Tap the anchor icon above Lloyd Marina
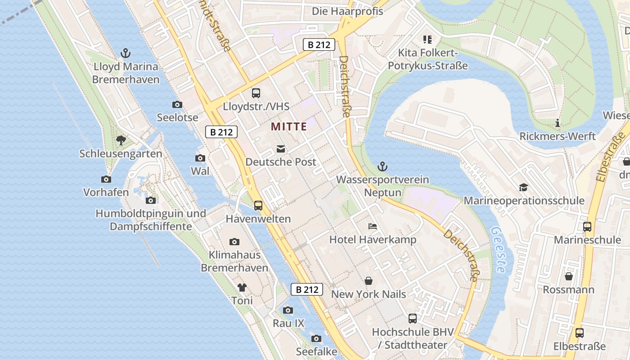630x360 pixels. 126,54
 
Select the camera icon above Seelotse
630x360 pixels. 177,105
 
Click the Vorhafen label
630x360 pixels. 106,192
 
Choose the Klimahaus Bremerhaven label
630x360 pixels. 234,261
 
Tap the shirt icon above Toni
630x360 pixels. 242,287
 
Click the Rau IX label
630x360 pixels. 288,323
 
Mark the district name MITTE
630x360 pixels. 289,127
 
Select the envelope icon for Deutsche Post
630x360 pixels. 281,149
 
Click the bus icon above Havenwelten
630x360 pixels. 258,206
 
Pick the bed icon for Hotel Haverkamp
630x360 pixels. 373,226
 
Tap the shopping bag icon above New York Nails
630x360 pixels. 369,281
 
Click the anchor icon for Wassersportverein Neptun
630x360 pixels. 382,166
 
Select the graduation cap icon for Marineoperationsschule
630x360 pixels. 523,187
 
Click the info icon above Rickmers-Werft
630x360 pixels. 558,123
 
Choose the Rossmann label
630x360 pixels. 568,289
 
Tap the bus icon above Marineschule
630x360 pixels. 587,227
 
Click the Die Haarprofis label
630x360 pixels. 347,11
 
